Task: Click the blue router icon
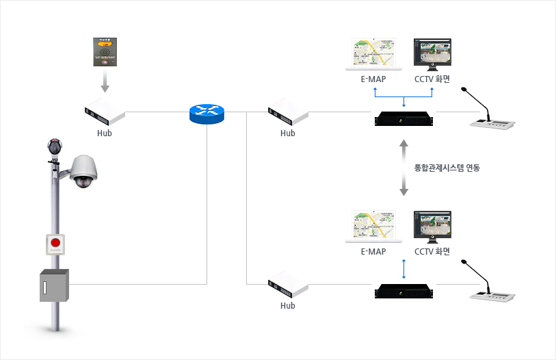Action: tap(207, 113)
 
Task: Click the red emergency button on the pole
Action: tap(55, 243)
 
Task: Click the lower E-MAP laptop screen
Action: tap(373, 225)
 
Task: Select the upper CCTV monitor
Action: tap(432, 53)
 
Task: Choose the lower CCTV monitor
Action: tap(432, 225)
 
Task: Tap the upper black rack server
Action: tap(404, 118)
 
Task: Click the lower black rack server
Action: tap(404, 290)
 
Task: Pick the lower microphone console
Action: tap(492, 291)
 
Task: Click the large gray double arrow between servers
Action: tap(403, 167)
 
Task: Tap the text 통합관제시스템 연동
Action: tap(447, 167)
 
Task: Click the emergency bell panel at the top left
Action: tap(105, 51)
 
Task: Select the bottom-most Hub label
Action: tap(288, 306)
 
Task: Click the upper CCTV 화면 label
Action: tap(432, 79)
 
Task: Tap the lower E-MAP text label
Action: tap(373, 251)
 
